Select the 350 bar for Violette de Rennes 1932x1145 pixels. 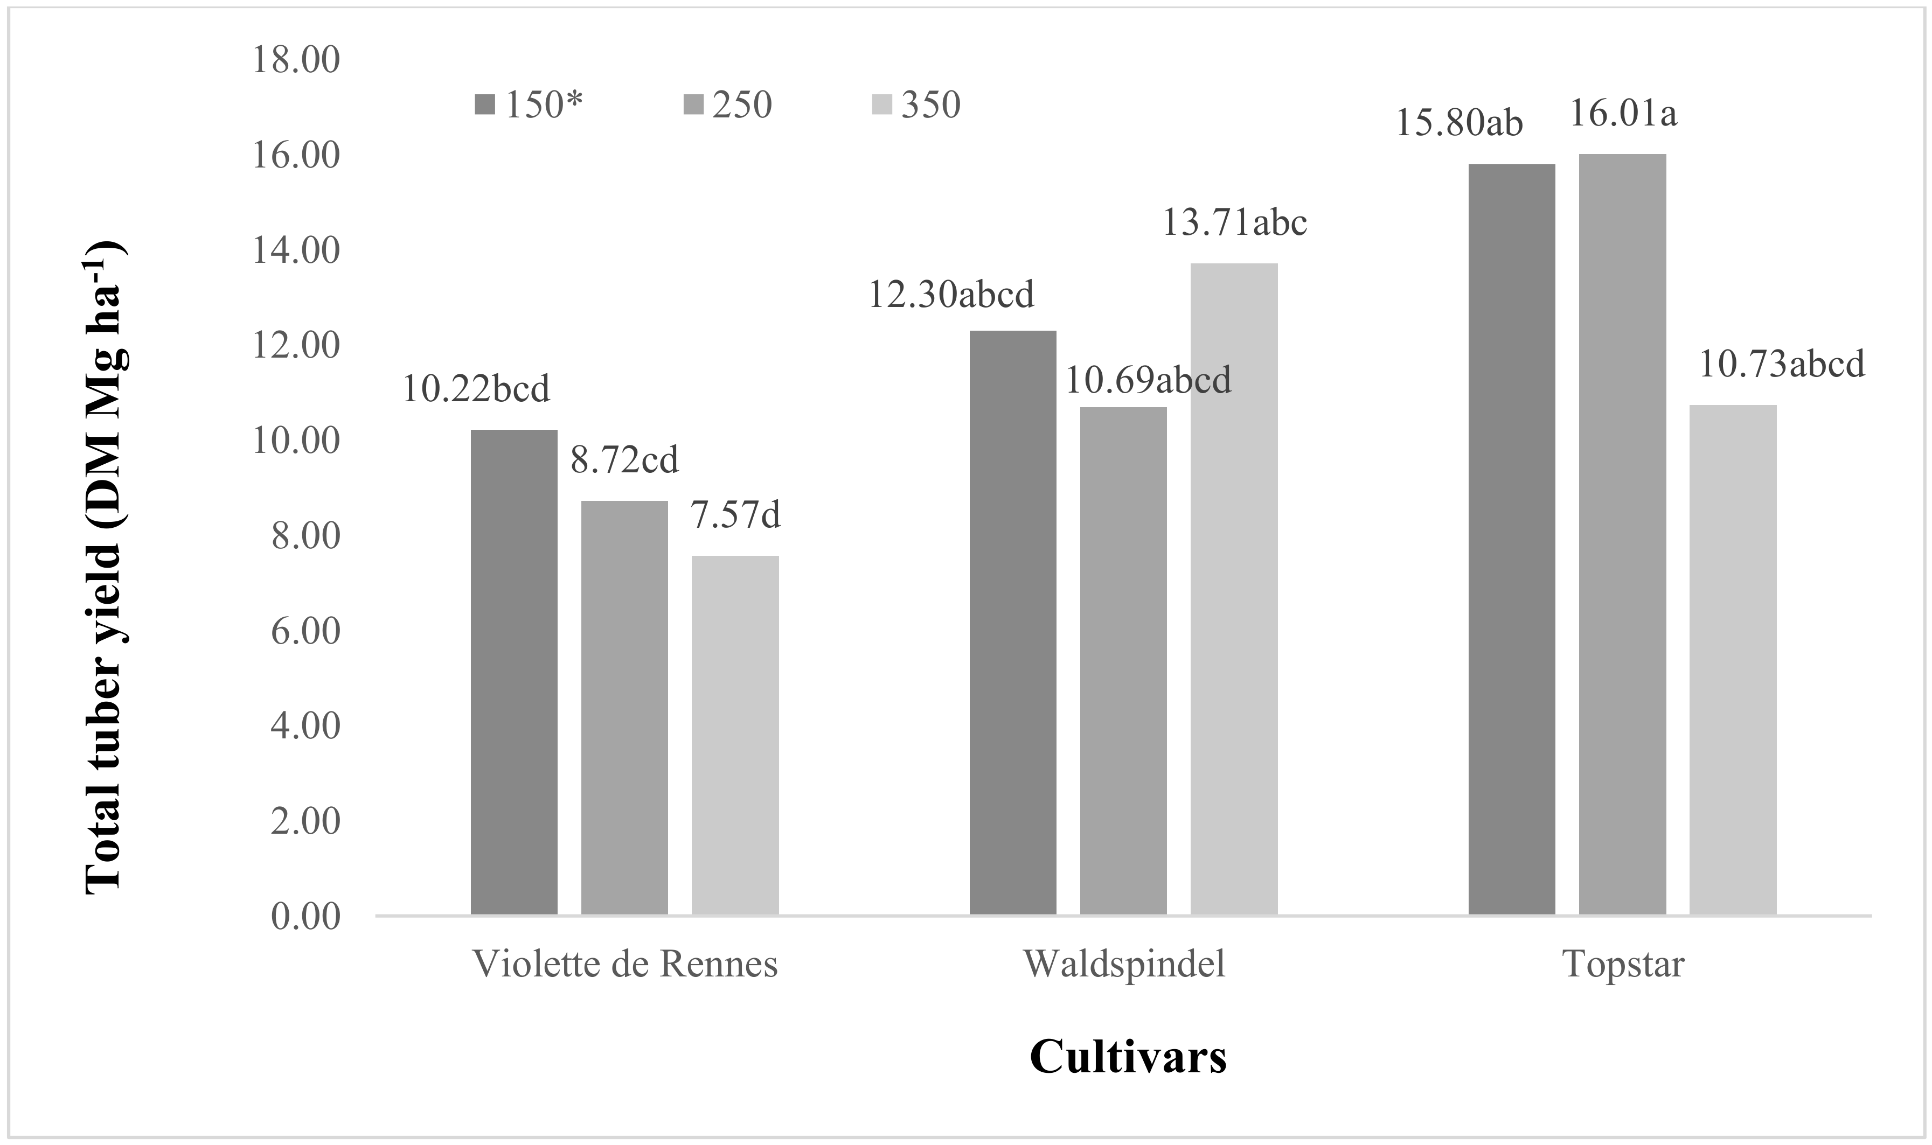[735, 735]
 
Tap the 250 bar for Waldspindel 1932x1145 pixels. [1123, 660]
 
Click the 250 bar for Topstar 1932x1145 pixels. [1622, 534]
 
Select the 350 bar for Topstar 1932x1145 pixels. [1733, 660]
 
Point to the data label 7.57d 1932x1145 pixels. [735, 515]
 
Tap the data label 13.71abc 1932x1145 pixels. [1234, 223]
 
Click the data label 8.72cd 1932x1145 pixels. [624, 460]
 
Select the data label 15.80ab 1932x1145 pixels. [1459, 123]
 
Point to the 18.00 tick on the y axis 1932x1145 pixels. [296, 60]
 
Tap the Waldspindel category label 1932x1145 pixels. [1124, 965]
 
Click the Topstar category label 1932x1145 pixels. [1622, 965]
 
